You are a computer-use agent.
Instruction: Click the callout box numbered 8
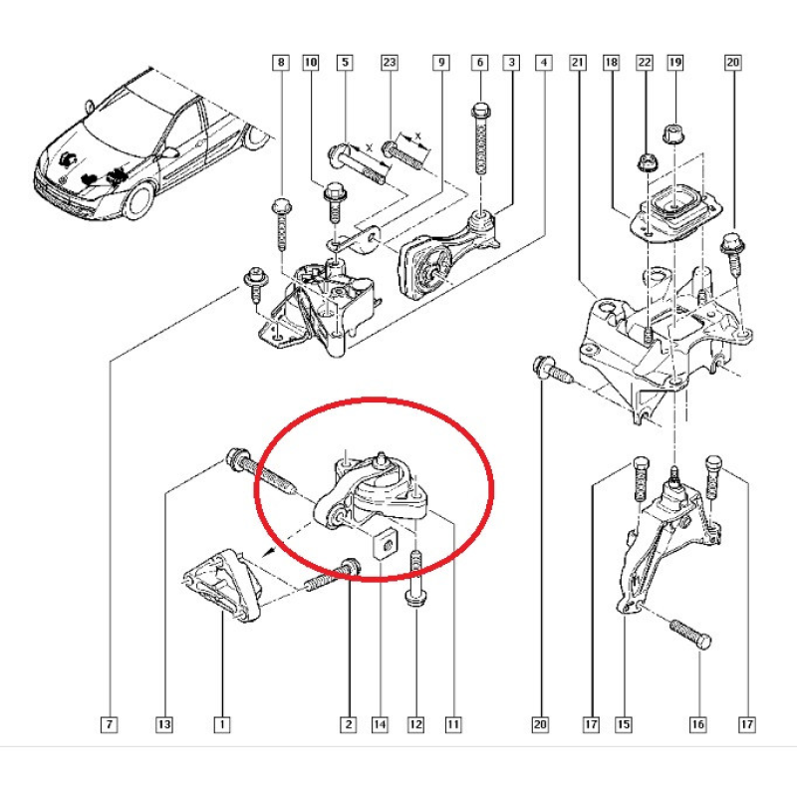tap(281, 63)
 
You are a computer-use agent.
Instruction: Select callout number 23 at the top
tap(390, 63)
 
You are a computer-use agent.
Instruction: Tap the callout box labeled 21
tap(578, 63)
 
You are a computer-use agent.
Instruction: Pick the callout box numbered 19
tap(675, 63)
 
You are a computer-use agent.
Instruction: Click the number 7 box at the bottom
tap(110, 724)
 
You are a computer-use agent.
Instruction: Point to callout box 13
tap(163, 724)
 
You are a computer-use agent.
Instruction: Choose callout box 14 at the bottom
tap(380, 724)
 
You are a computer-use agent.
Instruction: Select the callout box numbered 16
tap(698, 724)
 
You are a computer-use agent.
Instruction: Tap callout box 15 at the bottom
tap(624, 724)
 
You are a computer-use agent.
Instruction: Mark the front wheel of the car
tap(138, 201)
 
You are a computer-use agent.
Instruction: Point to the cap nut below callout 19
tap(673, 133)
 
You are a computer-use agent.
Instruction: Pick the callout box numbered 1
tap(221, 724)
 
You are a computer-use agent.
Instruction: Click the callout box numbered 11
tap(453, 724)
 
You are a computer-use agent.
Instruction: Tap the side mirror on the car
tap(168, 151)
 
